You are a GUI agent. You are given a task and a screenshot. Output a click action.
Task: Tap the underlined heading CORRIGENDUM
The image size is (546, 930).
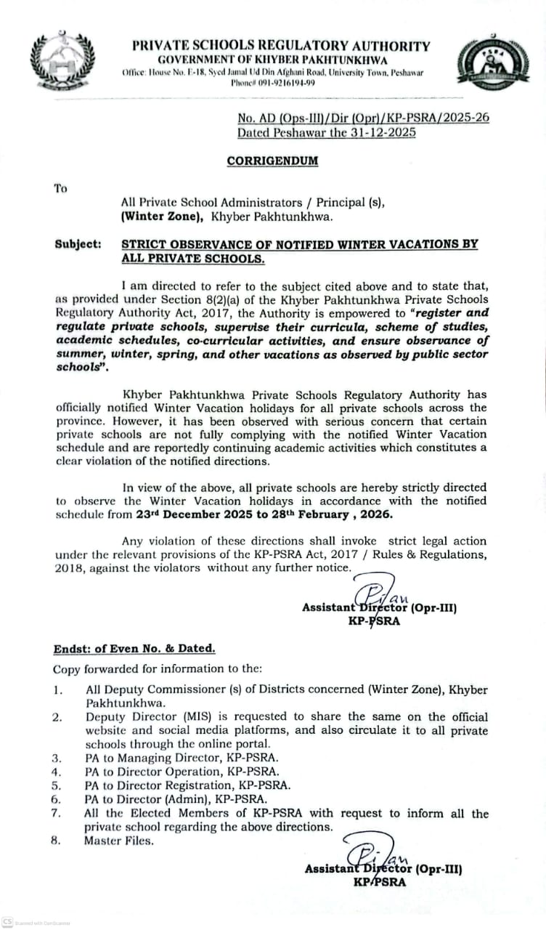click(272, 161)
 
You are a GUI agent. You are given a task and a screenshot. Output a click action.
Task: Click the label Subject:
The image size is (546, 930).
click(78, 244)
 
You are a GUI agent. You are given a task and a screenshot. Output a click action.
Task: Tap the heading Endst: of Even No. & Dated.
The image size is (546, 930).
click(134, 649)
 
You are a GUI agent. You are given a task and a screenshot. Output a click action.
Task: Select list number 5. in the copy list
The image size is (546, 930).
click(57, 785)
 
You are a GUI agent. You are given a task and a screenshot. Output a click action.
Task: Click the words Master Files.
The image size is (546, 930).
click(118, 841)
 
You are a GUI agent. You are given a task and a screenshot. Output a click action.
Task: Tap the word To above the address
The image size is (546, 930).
click(60, 188)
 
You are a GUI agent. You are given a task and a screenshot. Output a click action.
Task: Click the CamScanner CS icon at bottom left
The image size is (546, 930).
click(7, 922)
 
